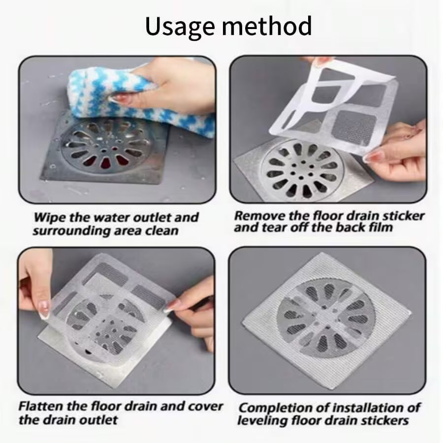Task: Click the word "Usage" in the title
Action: pos(177,26)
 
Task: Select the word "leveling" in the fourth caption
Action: pos(263,421)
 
